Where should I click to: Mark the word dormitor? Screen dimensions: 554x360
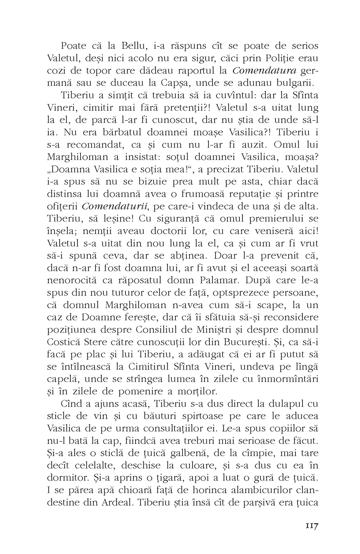pyautogui.click(x=67, y=477)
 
